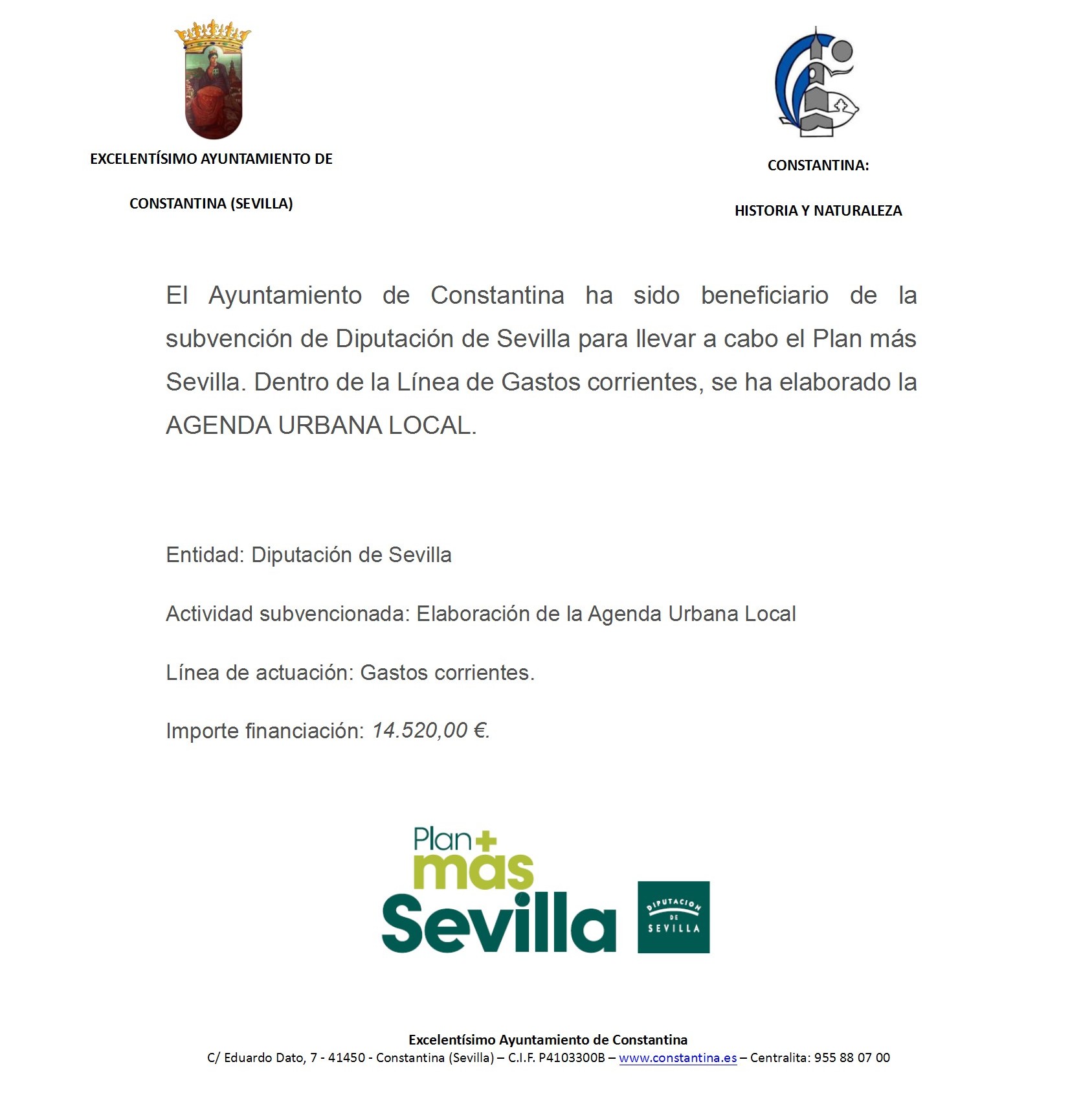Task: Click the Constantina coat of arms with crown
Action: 213,80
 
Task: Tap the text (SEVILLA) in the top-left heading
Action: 262,204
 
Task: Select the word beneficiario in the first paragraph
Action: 764,296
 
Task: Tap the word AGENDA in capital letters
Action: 218,426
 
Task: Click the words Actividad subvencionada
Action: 287,615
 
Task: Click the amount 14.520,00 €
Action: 430,731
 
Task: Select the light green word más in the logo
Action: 473,871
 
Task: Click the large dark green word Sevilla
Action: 498,924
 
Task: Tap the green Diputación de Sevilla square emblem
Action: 673,917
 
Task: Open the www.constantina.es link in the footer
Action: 678,1058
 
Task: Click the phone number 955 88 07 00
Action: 852,1058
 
